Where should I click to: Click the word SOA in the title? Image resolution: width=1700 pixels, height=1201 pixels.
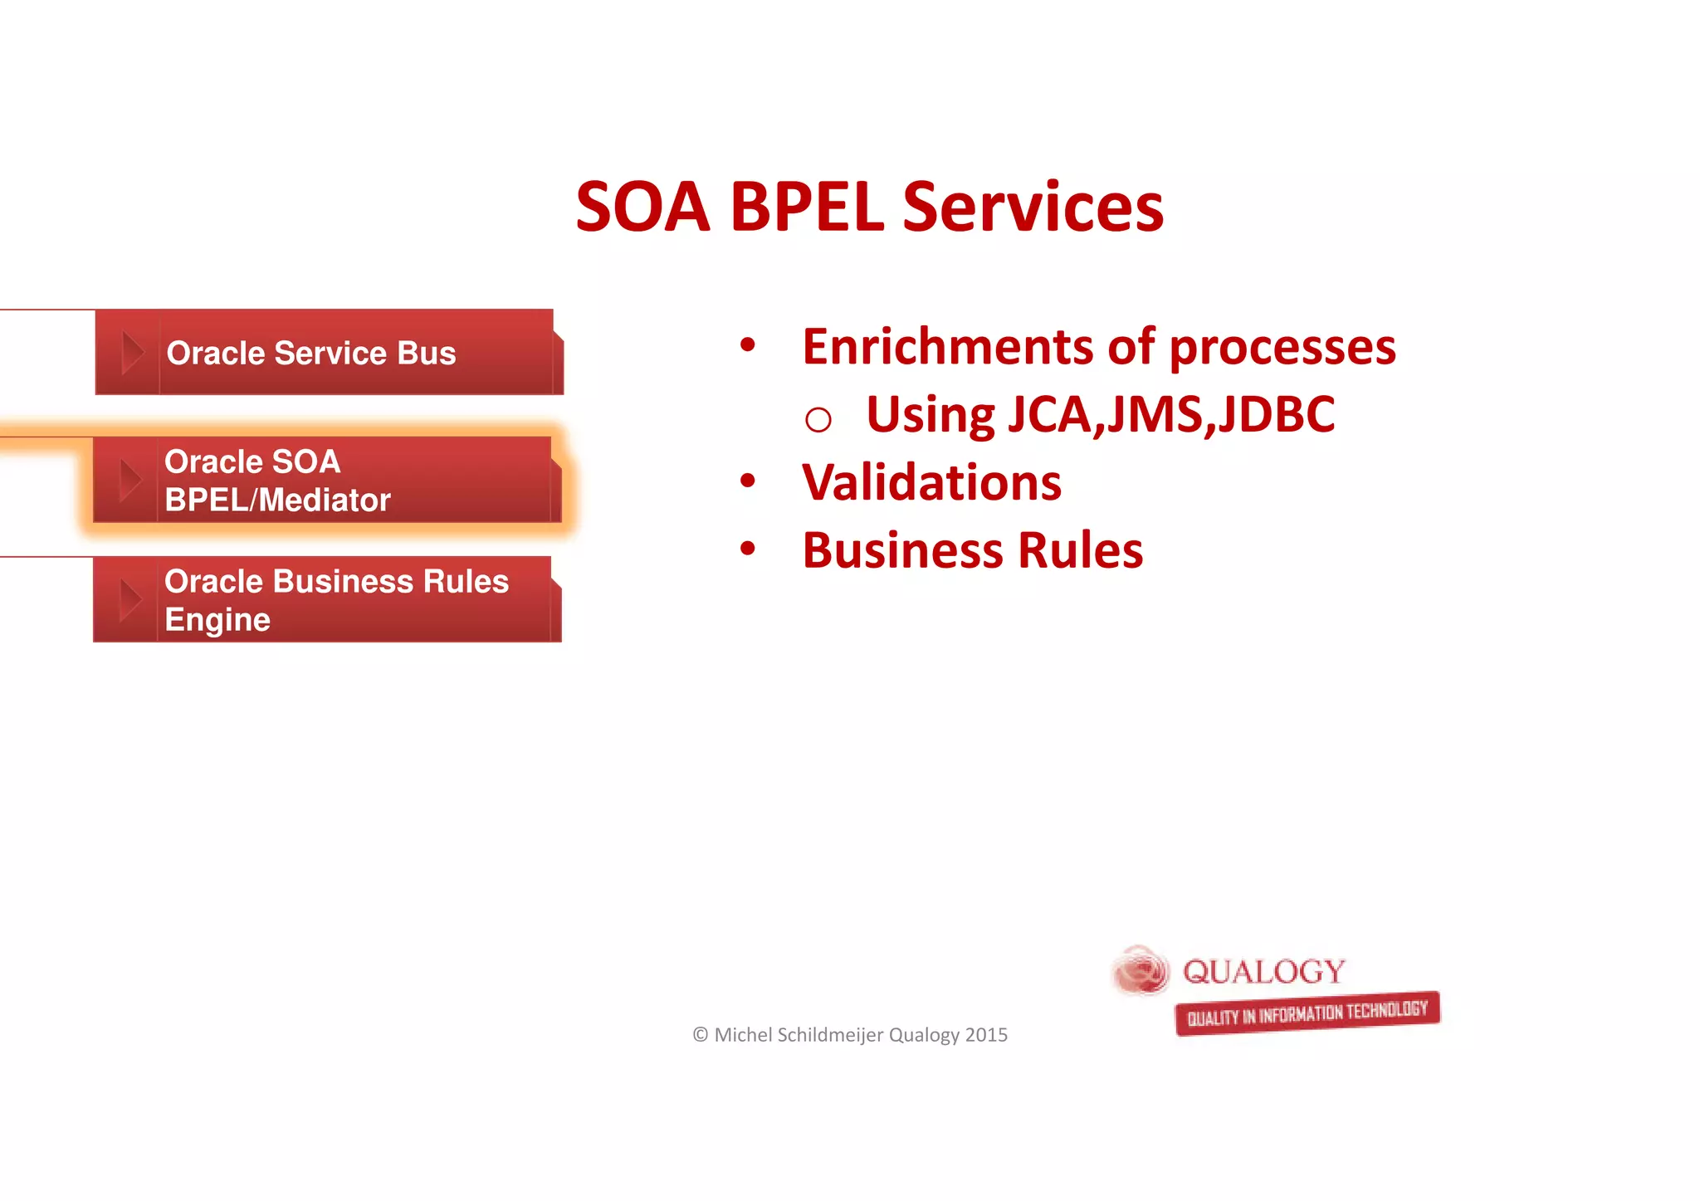[642, 207]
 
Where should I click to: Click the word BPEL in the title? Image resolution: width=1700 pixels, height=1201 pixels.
[806, 207]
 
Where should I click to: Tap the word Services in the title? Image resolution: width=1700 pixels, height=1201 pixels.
[1033, 207]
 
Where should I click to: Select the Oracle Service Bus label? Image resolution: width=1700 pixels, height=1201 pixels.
[311, 354]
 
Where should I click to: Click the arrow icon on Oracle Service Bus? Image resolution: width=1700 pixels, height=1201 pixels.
[131, 353]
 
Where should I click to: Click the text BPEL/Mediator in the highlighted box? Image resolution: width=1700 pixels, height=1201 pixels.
[277, 500]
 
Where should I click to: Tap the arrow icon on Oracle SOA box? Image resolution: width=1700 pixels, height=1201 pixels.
[129, 481]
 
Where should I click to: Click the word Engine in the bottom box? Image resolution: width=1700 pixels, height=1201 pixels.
[217, 620]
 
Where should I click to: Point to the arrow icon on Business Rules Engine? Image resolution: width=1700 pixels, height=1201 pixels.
[129, 600]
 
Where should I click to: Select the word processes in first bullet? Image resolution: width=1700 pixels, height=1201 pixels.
[1282, 347]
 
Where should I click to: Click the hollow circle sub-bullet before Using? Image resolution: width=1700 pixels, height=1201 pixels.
[818, 420]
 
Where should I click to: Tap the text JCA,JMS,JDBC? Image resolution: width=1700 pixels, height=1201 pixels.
[1170, 414]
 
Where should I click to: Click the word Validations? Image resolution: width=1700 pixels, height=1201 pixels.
[931, 483]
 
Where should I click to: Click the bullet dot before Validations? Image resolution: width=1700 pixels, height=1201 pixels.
[748, 481]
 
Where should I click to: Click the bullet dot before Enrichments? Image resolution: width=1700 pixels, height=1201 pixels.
[748, 344]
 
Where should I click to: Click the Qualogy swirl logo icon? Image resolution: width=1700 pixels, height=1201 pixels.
[1141, 970]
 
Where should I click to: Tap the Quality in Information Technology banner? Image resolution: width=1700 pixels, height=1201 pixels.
[1307, 1013]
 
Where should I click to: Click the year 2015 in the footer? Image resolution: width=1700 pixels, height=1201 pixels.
[986, 1035]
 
